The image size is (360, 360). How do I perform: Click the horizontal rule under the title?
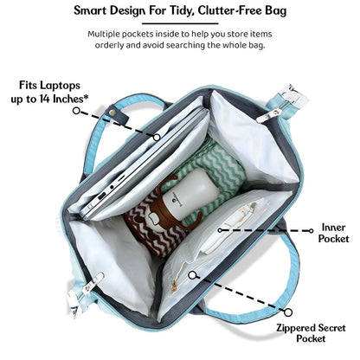(180, 23)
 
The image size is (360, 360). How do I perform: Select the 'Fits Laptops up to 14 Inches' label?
(49, 92)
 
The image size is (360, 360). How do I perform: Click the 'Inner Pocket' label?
(333, 233)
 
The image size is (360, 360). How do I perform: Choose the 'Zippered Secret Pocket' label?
(311, 333)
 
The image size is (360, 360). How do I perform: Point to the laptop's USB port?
(101, 196)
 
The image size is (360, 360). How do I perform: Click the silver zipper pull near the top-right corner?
(269, 115)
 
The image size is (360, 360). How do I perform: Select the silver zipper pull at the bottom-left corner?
(94, 282)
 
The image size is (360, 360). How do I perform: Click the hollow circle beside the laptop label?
(76, 111)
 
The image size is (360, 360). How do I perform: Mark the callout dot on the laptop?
(157, 138)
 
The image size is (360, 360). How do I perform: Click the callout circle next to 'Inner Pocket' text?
(311, 231)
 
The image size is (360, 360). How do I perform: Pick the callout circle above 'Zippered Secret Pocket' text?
(288, 312)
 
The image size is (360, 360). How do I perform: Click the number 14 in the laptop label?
(45, 99)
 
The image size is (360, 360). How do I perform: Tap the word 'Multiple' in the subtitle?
(104, 34)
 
